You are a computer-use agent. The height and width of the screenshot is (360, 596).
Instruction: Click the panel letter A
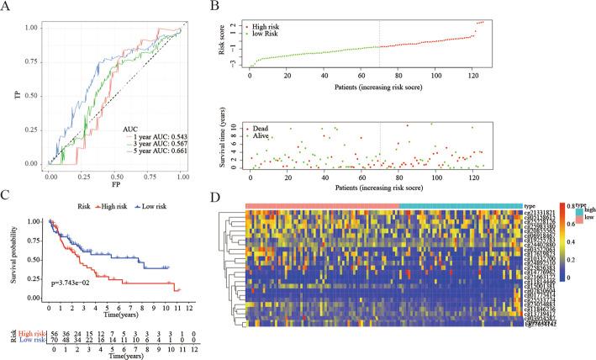tap(8, 8)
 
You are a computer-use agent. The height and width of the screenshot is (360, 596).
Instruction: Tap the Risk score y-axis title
tap(228, 42)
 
